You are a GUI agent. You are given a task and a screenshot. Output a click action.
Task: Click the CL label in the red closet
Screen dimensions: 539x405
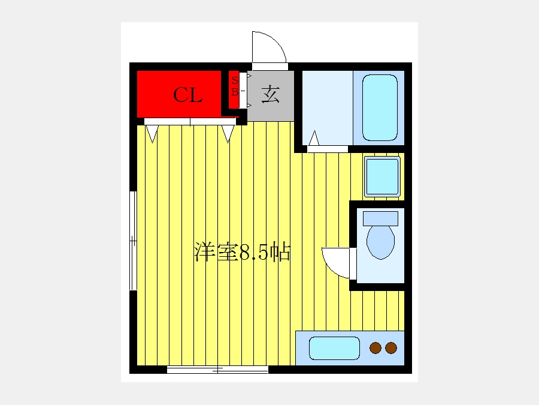click(x=187, y=95)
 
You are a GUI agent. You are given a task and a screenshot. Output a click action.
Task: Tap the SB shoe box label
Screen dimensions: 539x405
click(x=235, y=86)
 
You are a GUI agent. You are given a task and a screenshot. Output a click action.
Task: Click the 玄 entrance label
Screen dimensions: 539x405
click(x=271, y=94)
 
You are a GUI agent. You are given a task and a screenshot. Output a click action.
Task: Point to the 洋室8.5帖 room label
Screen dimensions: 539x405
click(x=243, y=252)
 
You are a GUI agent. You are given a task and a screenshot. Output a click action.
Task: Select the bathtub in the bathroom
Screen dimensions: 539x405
click(x=380, y=108)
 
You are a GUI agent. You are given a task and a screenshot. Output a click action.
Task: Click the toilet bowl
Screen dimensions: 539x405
click(x=380, y=242)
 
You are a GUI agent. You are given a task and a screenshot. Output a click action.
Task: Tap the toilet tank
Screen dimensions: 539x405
click(x=380, y=218)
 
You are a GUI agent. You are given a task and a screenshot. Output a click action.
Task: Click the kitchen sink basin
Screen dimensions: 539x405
click(x=334, y=348)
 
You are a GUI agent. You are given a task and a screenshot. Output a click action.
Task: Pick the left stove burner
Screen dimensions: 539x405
click(x=376, y=348)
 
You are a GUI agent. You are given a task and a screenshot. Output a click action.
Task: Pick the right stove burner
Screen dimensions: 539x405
click(x=391, y=348)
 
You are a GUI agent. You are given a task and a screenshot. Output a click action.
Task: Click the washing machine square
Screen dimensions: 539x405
click(x=382, y=176)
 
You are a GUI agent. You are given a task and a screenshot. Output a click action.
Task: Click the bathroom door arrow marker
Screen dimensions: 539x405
click(x=314, y=138)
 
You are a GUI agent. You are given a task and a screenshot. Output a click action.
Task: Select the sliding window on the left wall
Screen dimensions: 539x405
click(x=133, y=241)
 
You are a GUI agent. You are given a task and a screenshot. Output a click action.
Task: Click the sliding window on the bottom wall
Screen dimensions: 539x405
click(x=217, y=370)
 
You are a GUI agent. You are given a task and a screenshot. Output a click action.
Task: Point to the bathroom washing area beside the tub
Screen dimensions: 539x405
click(x=328, y=108)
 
